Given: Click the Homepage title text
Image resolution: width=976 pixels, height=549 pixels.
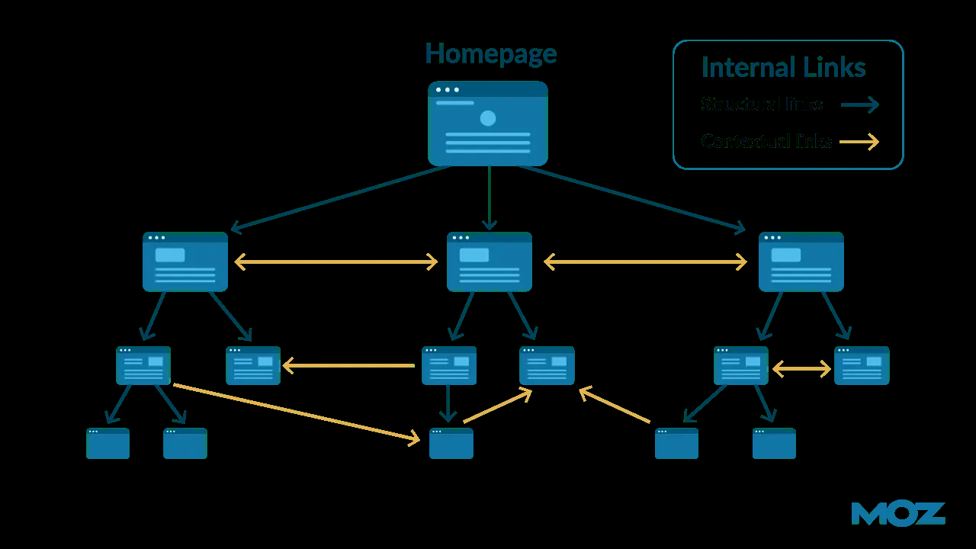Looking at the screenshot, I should (x=490, y=54).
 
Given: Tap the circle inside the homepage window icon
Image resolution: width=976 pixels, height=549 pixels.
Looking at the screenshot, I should (x=488, y=118).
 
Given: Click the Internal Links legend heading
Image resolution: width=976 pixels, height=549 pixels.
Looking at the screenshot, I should (x=783, y=68).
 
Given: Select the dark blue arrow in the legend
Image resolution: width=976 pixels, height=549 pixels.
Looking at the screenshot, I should (x=860, y=104).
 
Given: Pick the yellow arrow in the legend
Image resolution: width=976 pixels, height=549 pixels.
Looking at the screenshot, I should (x=859, y=141).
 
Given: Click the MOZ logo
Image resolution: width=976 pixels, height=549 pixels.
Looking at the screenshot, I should (x=898, y=513).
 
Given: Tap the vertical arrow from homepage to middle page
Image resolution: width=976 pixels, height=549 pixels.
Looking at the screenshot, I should (x=490, y=198).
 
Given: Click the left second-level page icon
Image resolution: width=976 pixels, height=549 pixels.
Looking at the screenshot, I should (x=185, y=262).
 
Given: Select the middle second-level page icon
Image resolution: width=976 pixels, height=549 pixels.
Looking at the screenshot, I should (x=490, y=262).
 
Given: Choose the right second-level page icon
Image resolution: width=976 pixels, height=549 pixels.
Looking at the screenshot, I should (x=801, y=262).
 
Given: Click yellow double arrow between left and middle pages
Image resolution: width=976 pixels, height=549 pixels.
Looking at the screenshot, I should (x=336, y=262).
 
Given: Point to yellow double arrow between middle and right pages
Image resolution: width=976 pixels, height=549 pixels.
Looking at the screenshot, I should (x=645, y=262).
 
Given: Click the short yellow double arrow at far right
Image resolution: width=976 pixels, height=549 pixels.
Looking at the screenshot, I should (x=801, y=369).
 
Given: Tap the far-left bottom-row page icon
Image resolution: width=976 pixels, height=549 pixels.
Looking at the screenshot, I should (x=108, y=443).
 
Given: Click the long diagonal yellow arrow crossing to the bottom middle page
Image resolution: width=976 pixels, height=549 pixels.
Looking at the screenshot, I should (x=297, y=413).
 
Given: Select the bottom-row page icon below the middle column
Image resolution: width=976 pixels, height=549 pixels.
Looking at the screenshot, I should (x=451, y=443).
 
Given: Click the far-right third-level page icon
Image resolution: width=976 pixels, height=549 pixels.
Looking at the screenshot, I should (x=862, y=365).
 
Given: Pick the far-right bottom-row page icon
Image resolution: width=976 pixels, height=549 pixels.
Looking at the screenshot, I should (x=774, y=443).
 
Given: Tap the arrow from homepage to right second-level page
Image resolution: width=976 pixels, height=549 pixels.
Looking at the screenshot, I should (x=633, y=197).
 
